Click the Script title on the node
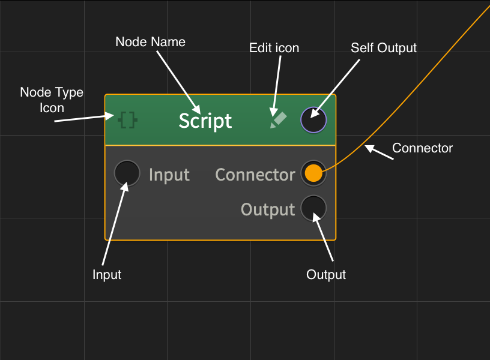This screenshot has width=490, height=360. click(205, 121)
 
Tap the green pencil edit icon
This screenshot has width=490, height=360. click(277, 120)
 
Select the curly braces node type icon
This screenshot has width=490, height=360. click(128, 120)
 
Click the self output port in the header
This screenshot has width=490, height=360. click(313, 120)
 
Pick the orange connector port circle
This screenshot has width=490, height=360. click(313, 174)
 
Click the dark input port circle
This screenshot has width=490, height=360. click(127, 174)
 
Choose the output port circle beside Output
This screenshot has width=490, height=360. click(313, 208)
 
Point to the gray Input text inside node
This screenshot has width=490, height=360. click(169, 175)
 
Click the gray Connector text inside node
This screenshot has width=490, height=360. click(255, 175)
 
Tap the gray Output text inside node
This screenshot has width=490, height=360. click(268, 209)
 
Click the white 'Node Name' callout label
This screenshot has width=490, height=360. click(150, 42)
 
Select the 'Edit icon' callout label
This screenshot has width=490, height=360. click(274, 48)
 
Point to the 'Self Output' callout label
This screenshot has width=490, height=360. click(384, 48)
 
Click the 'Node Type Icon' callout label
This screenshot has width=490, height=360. click(52, 100)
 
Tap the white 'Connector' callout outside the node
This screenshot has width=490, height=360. click(422, 148)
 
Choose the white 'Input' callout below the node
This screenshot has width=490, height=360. click(107, 275)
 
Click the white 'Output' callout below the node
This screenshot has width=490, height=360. click(326, 275)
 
